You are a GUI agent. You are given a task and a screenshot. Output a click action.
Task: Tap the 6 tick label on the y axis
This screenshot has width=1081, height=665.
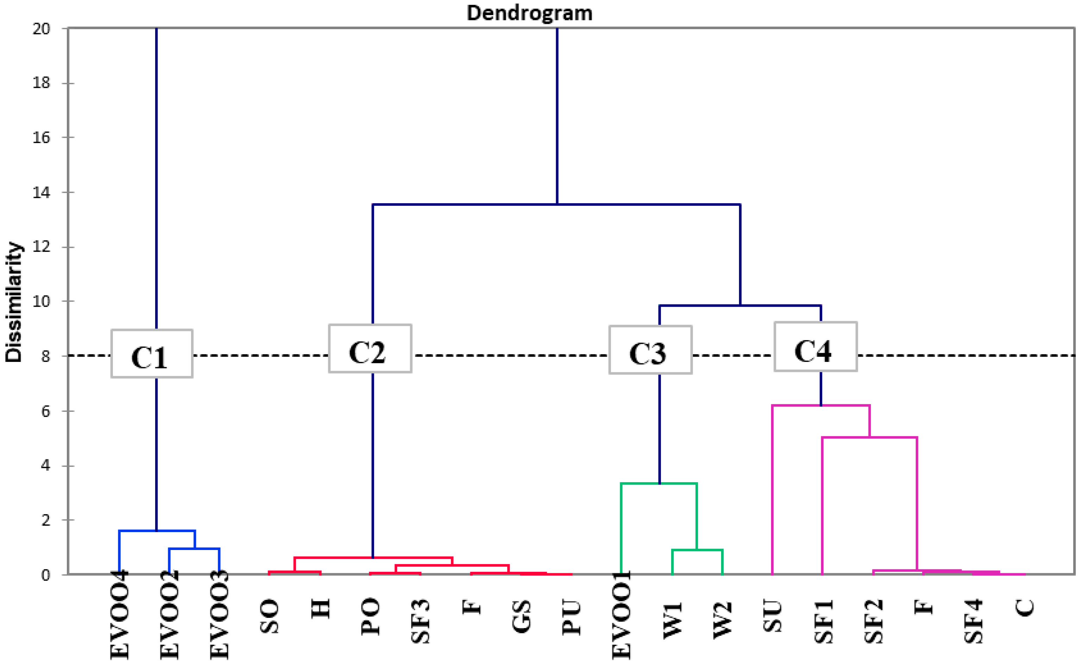click(45, 411)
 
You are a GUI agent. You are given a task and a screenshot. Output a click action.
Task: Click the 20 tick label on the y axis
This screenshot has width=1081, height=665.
click(42, 29)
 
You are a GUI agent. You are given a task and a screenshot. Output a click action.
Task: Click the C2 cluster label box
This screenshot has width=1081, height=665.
click(370, 349)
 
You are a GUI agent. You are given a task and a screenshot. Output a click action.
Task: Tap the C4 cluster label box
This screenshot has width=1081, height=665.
click(815, 347)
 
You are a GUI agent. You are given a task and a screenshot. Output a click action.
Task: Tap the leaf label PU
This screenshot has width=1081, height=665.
click(572, 618)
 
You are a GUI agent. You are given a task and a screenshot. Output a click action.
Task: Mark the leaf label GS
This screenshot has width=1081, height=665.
click(521, 616)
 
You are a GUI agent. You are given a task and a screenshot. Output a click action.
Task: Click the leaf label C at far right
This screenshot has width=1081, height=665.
click(1024, 608)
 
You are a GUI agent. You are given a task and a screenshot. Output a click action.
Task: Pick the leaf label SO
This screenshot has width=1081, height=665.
click(269, 616)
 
